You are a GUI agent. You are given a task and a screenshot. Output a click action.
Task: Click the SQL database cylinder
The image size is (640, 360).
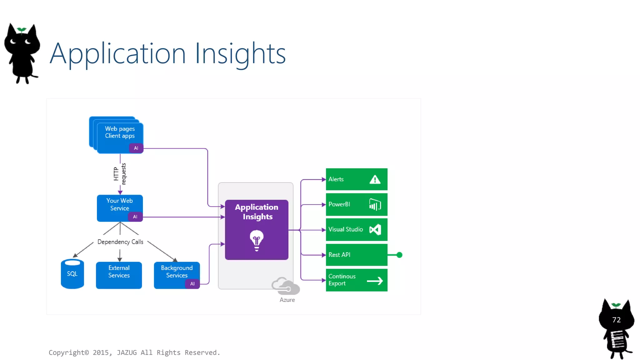coord(72,274)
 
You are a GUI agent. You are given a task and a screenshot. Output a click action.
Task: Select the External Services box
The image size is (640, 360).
coord(119,275)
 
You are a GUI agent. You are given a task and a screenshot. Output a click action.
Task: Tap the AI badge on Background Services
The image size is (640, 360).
coord(192,284)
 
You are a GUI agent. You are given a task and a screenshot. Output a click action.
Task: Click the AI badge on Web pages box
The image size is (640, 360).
coord(136,148)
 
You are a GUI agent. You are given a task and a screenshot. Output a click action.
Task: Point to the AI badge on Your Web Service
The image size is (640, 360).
coord(135,217)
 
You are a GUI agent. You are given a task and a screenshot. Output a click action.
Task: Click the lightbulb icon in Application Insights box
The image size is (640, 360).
coord(257,240)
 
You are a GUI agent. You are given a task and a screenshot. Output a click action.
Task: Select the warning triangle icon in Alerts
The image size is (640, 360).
coord(375,180)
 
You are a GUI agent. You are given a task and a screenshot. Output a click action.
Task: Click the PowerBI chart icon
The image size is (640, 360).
coord(375,205)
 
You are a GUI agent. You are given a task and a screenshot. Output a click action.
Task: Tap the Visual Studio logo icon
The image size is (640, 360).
coord(375,230)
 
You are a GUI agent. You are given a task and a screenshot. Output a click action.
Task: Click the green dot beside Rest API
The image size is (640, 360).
coord(399,255)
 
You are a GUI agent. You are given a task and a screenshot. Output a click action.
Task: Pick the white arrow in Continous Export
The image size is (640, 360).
coord(375,281)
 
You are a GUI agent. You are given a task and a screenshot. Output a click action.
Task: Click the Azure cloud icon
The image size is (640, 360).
coord(285,286)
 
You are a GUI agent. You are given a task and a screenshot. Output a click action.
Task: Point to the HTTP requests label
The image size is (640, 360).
coord(120,174)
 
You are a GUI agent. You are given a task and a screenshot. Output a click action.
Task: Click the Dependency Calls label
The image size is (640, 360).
coord(120,242)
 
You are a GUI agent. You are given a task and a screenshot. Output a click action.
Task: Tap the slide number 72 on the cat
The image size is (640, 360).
coord(616,320)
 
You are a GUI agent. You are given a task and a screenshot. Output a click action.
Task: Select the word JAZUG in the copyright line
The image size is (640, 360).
coord(127,352)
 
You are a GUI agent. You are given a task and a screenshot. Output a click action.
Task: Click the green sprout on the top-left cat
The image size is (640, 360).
coord(22,30)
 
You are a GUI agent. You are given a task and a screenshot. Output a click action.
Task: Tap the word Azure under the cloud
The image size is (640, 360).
coord(287,300)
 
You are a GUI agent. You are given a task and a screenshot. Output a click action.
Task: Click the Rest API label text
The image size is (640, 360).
coord(339,255)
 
